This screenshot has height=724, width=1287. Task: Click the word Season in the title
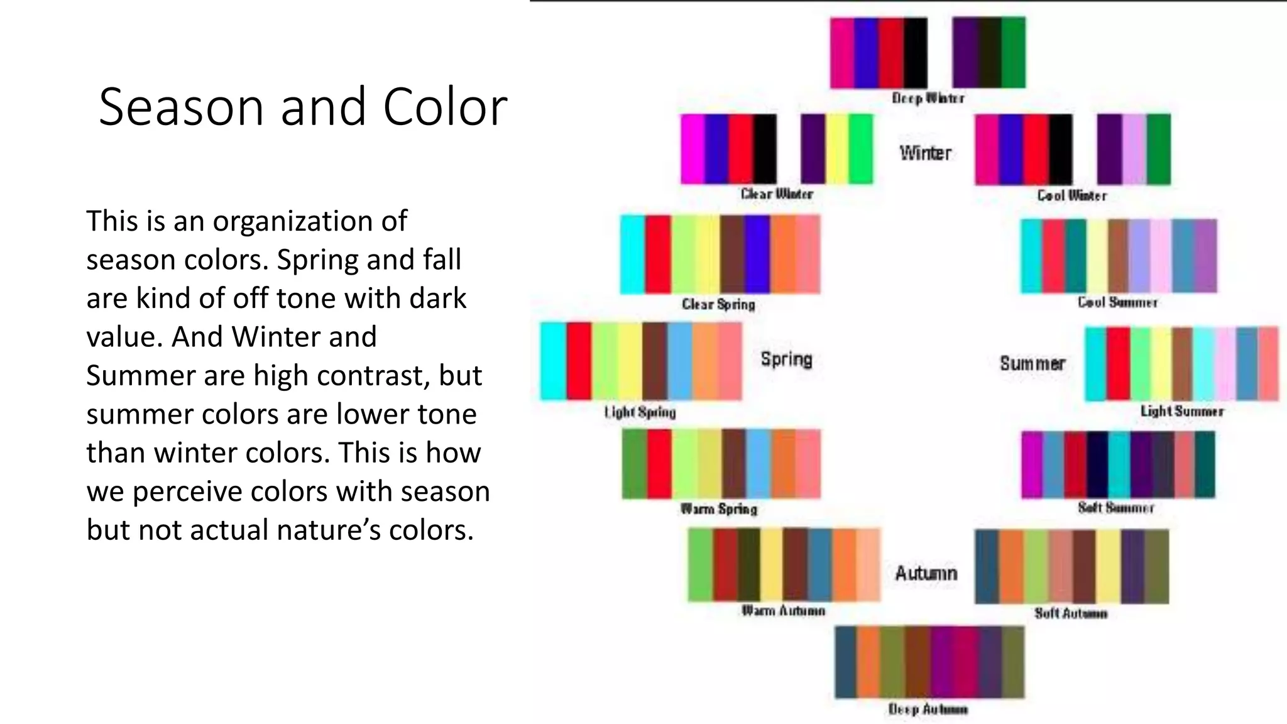(x=181, y=107)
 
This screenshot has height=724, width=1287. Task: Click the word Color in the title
(x=444, y=107)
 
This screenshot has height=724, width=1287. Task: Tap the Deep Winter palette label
(x=928, y=98)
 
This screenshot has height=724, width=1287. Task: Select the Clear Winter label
(x=777, y=194)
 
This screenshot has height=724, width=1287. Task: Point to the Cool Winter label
(x=1071, y=195)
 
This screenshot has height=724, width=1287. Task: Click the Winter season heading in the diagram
(x=925, y=153)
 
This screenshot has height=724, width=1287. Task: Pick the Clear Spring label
(x=718, y=304)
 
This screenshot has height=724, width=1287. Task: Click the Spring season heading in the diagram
(x=786, y=359)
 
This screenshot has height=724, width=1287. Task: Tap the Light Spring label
(x=640, y=412)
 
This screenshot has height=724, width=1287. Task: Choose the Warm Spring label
(x=719, y=508)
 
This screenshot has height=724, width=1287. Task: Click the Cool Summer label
(x=1117, y=302)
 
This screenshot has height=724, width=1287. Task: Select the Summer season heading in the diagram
(x=1032, y=363)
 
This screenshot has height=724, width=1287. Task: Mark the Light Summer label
(x=1182, y=411)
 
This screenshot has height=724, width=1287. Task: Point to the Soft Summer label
(x=1116, y=507)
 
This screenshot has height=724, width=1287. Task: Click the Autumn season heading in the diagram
(x=926, y=573)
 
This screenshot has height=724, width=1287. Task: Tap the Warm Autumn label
(x=783, y=610)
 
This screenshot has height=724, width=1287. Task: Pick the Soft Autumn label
(x=1071, y=613)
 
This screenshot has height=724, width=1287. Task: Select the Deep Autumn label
(x=928, y=710)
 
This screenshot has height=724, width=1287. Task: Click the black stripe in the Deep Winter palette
(x=916, y=53)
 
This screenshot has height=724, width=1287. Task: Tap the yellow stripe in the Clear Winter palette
(x=837, y=149)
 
